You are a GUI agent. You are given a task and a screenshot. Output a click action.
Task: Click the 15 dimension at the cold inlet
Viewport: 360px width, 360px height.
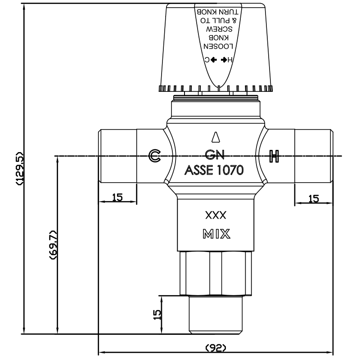click(117, 197)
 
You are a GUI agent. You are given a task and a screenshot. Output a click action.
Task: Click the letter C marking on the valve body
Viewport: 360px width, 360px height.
click(154, 156)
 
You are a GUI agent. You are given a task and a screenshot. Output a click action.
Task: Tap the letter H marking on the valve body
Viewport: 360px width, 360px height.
click(274, 156)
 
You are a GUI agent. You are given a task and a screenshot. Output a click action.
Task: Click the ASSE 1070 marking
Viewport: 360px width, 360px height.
click(214, 170)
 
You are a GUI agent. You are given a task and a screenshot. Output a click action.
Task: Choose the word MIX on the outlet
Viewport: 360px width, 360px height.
click(216, 234)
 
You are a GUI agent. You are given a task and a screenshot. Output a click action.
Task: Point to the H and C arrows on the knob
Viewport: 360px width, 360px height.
click(218, 59)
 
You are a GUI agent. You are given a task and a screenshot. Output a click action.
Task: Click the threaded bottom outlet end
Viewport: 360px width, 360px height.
click(216, 315)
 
